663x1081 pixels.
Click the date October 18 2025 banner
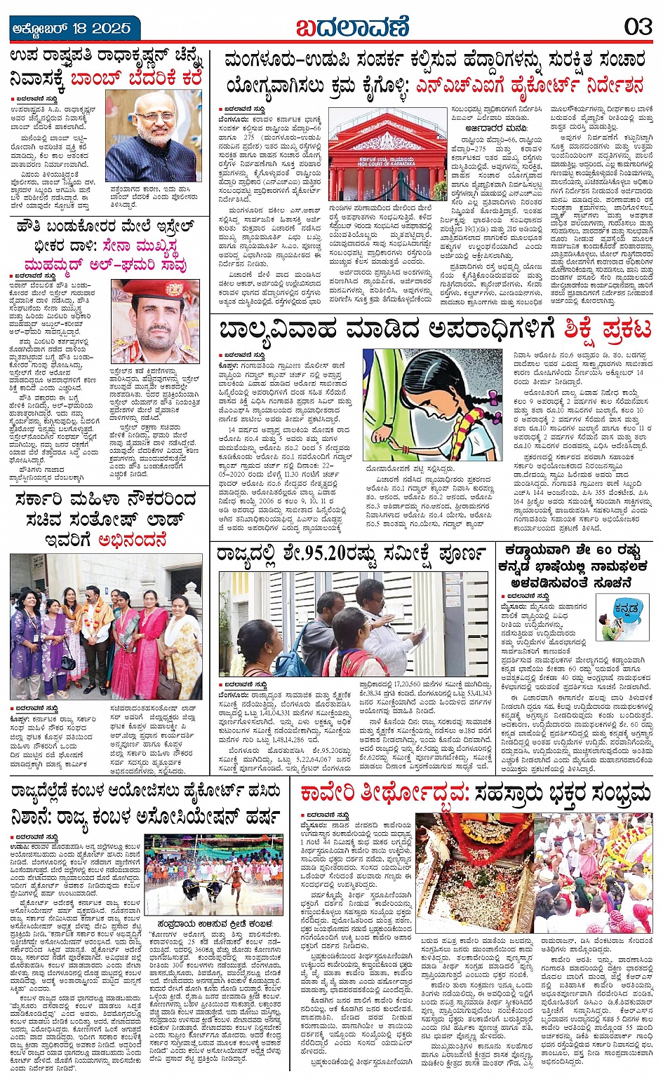[72, 27]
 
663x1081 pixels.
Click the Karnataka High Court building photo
[387, 154]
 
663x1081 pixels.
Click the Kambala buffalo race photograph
[213, 874]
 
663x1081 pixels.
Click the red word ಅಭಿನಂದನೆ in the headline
[133, 540]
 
